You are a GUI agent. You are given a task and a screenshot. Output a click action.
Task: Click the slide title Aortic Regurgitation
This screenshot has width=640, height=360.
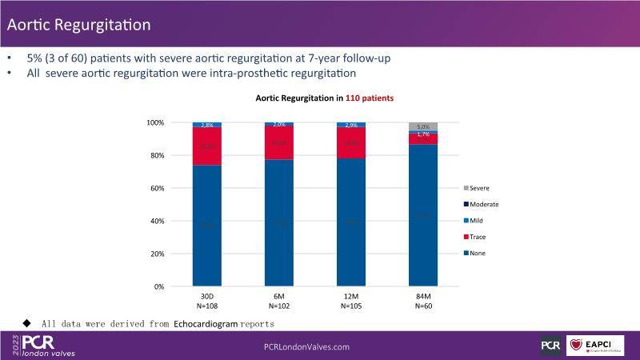coord(78,24)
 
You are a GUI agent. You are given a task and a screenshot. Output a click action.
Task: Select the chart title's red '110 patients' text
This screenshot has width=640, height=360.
coord(370,98)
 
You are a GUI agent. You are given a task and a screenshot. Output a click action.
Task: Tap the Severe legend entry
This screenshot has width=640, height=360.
coord(484,188)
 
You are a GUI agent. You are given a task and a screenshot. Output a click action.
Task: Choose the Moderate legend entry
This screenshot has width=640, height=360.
coord(488,204)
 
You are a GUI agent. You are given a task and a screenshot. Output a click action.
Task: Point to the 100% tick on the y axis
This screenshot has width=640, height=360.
coord(154,122)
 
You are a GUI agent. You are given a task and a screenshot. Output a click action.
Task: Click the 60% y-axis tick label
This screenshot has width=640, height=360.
coord(156,188)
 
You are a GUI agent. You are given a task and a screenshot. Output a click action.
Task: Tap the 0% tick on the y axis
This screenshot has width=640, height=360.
coord(158,286)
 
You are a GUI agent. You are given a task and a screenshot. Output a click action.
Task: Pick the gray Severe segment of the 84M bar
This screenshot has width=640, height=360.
coord(423,126)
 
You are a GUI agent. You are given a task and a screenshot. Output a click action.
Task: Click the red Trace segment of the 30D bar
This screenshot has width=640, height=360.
coord(206,146)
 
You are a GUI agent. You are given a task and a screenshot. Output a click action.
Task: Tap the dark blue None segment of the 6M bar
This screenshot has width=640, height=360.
coord(279,223)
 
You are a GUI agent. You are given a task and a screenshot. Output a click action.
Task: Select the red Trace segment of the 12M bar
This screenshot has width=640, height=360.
coord(351,143)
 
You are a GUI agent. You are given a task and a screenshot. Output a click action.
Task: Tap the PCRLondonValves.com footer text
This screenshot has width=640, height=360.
coord(307,346)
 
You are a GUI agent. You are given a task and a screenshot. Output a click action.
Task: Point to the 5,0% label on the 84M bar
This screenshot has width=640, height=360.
coord(423,126)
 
